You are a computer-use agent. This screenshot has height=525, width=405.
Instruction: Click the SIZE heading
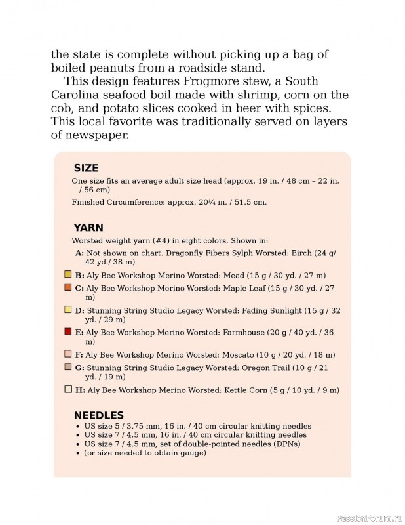(86, 168)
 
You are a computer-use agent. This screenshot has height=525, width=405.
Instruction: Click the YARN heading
(88, 228)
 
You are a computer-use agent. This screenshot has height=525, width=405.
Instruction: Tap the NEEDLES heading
(98, 415)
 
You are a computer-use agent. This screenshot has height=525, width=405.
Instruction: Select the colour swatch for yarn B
(68, 274)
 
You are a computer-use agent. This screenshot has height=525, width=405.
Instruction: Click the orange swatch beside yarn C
(68, 287)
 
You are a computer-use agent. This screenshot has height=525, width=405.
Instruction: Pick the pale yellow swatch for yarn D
(68, 310)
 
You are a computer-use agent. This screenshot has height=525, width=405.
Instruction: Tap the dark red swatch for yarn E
(68, 332)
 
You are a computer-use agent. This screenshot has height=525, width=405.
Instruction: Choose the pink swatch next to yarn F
(68, 354)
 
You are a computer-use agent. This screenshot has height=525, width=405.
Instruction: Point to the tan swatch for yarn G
(68, 367)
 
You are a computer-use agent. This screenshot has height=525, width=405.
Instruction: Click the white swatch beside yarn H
(68, 389)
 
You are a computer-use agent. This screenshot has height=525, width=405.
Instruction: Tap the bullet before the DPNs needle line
(79, 444)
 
